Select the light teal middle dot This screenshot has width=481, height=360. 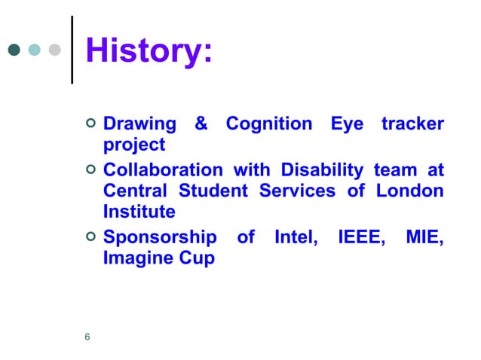click(34, 51)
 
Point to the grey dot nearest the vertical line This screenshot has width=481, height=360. click(54, 51)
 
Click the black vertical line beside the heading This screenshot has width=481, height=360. click(72, 50)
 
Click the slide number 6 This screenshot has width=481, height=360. click(87, 337)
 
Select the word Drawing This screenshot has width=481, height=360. click(139, 124)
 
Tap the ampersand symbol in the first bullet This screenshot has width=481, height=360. click(201, 124)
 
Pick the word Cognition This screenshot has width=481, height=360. click(269, 124)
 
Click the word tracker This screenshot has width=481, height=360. click(412, 124)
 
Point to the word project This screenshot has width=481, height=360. click(133, 144)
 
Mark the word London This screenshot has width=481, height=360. click(412, 191)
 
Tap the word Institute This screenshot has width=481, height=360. click(139, 212)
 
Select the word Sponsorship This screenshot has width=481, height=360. click(159, 238)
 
